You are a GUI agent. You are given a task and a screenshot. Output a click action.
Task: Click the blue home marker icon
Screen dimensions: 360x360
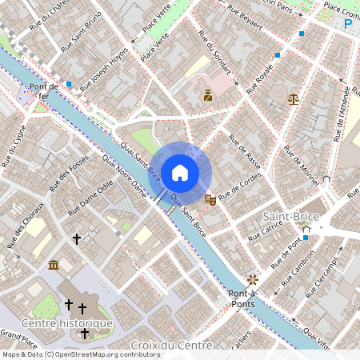coord(180,173)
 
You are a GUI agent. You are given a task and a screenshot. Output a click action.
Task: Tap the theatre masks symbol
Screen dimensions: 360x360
coord(210,199)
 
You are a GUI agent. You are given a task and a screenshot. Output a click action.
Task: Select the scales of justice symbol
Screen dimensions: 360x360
coord(294,99)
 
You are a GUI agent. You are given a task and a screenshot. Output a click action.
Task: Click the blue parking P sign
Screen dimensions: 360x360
coord(348,25)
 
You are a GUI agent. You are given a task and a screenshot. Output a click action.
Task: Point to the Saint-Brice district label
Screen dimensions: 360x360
coord(290,217)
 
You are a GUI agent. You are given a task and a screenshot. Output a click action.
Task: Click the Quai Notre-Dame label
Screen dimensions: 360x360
coord(126,178)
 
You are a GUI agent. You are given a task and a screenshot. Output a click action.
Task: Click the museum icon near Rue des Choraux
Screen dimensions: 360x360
coord(54,264)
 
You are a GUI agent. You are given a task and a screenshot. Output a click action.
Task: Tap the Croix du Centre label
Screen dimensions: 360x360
coord(171,346)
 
